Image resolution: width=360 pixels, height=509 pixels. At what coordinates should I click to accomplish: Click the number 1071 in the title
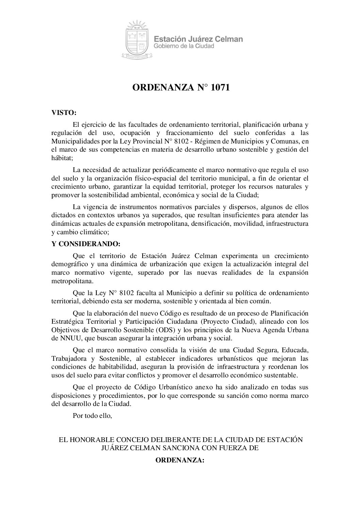pyautogui.click(x=220, y=88)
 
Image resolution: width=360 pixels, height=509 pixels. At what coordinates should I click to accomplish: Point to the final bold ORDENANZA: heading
pyautogui.click(x=180, y=460)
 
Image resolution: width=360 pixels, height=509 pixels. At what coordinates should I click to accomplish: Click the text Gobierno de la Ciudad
pyautogui.click(x=184, y=46)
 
